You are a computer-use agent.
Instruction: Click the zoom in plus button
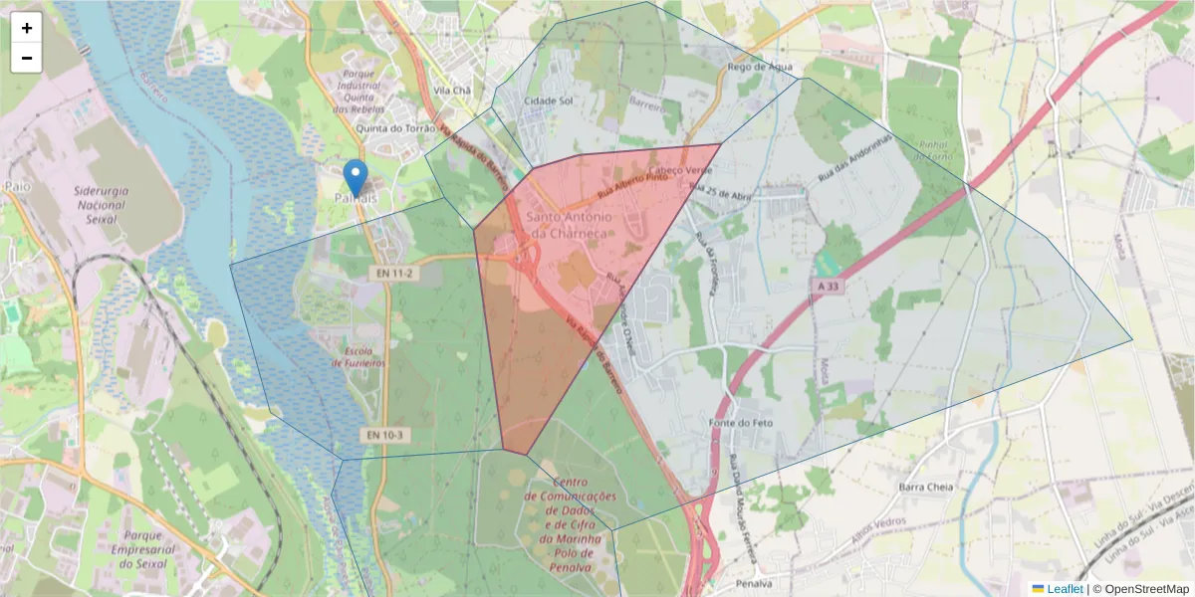coord(27,28)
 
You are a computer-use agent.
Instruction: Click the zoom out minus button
coord(27,58)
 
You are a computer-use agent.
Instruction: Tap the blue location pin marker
coord(355,179)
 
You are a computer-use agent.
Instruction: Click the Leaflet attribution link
coord(1064,589)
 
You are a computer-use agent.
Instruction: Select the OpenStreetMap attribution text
coord(1145,589)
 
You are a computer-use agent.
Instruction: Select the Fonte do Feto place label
coord(742,423)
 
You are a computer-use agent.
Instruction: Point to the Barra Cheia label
coord(926,488)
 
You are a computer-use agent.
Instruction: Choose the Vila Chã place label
coord(452,90)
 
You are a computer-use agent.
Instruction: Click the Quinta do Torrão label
coord(395,128)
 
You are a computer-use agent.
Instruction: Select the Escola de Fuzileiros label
coord(358,357)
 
